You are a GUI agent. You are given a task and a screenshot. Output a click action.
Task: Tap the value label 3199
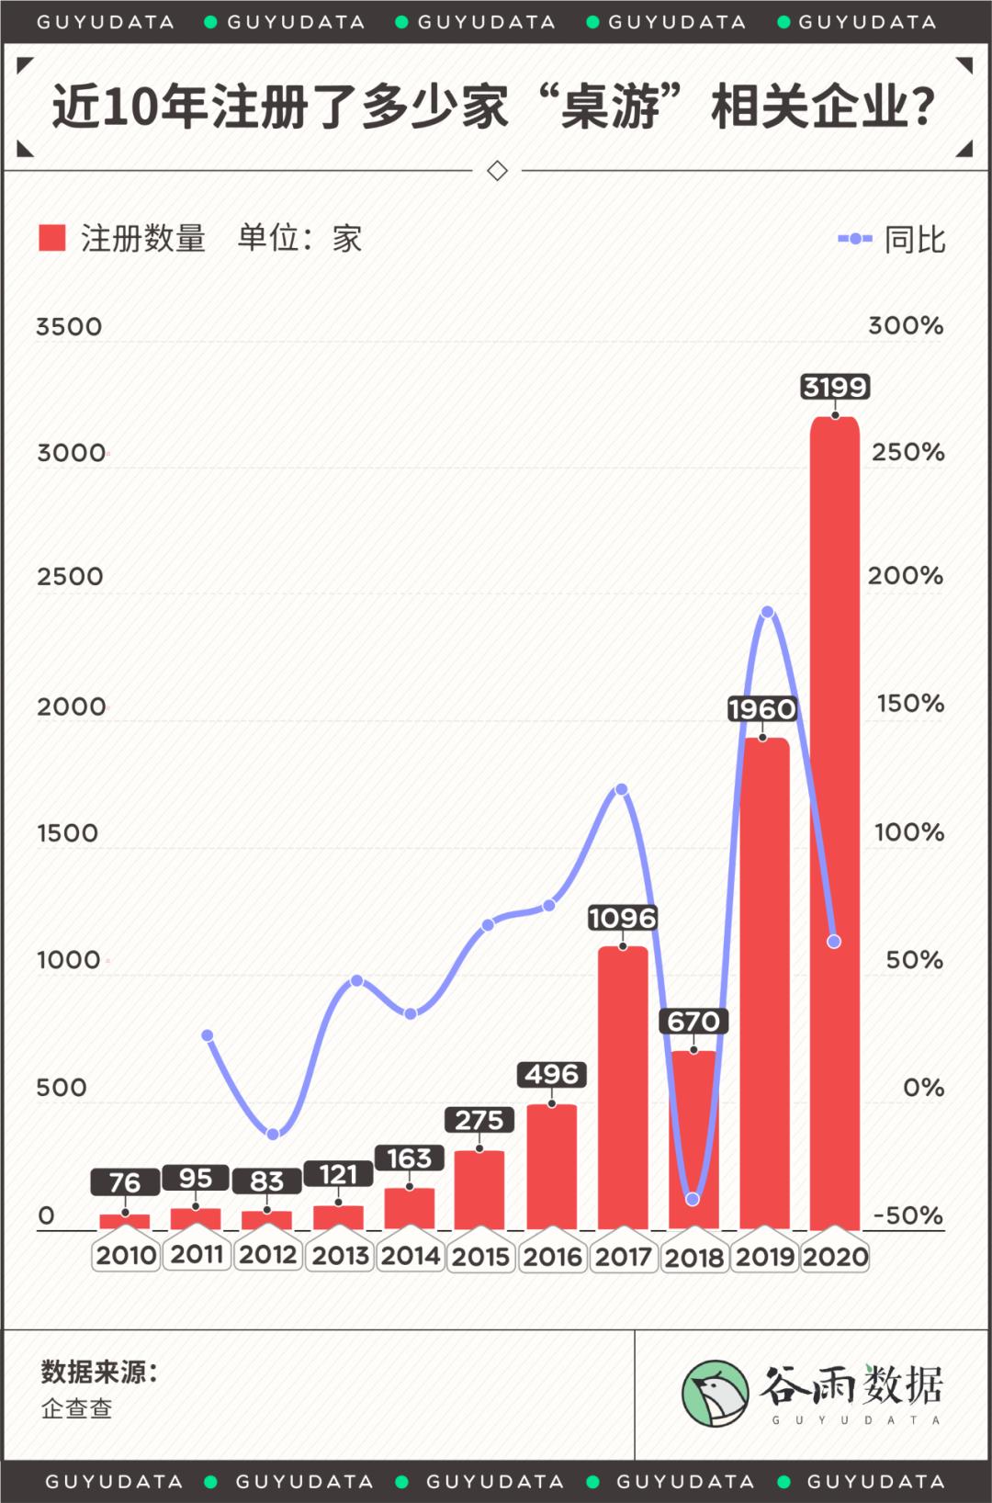point(834,387)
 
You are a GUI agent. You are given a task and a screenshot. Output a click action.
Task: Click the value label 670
point(693,1021)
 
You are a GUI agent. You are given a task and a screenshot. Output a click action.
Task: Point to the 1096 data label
point(623,918)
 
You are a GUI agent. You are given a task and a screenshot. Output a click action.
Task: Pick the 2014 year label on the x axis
point(411,1255)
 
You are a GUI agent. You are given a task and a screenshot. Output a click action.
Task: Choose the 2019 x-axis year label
point(764,1256)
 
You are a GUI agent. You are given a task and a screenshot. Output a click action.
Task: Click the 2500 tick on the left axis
point(70,577)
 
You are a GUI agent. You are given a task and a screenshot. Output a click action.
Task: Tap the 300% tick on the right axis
point(906,325)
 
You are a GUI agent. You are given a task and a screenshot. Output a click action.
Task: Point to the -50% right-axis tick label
point(907,1215)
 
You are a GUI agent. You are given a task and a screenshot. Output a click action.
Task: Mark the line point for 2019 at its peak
point(767,612)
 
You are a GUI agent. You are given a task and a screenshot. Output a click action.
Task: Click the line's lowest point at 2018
point(693,1199)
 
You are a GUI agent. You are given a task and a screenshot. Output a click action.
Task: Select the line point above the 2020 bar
point(834,942)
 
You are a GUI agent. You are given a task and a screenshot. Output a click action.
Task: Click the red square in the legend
point(52,238)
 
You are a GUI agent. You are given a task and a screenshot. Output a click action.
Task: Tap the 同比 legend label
point(914,240)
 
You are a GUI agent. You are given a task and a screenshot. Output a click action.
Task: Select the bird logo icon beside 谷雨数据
point(715,1393)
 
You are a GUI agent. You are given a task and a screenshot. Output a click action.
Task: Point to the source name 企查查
point(77,1408)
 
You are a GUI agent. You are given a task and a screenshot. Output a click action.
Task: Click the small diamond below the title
point(497,171)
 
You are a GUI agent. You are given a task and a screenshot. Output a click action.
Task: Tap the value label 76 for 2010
point(125,1182)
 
